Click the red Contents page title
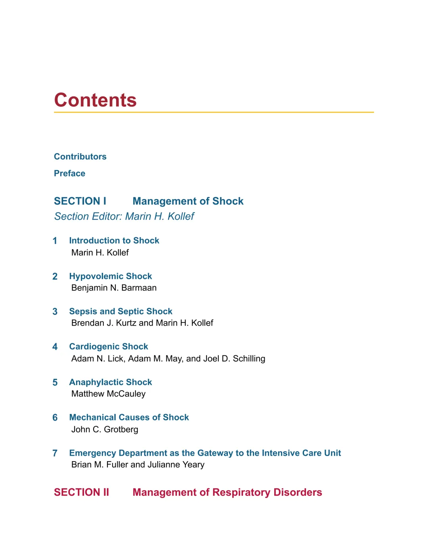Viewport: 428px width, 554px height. tap(95, 100)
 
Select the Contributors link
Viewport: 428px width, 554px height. tap(80, 157)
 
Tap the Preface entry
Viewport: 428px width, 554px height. tap(69, 173)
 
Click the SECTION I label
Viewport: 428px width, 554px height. tap(80, 201)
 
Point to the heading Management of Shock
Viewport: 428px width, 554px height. tap(188, 201)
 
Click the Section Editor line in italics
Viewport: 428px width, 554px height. tap(124, 216)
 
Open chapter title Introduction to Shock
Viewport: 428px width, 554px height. tap(114, 240)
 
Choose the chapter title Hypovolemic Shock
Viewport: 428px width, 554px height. tap(111, 276)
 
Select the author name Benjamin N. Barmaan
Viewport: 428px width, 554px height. tap(114, 288)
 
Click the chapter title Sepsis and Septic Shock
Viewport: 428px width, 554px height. tap(121, 311)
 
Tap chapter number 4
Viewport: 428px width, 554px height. tap(55, 347)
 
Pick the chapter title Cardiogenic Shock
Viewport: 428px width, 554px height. tap(109, 347)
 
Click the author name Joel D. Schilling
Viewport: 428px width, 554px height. tap(234, 358)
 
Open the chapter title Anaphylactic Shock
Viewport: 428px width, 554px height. tap(111, 382)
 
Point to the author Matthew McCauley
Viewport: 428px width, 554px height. tap(108, 394)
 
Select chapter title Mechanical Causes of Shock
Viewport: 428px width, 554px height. tap(129, 417)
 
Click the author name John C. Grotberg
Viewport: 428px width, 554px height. tap(105, 429)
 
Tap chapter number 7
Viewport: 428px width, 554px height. tap(55, 453)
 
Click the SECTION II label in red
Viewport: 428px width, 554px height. tap(81, 492)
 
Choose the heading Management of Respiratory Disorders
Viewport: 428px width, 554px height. tap(227, 492)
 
